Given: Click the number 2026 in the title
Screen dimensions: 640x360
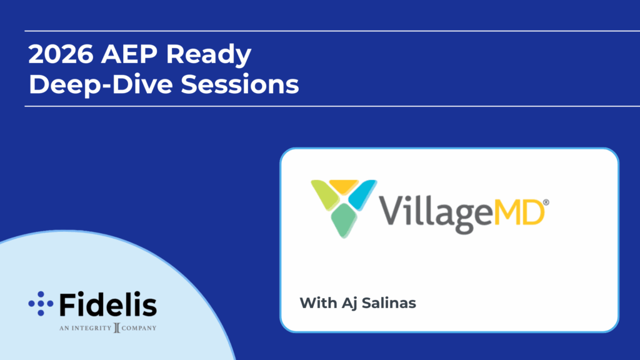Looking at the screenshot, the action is point(61,54).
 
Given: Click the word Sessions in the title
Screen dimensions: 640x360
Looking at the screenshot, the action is point(240,84).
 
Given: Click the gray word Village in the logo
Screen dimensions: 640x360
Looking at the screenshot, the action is point(436,214).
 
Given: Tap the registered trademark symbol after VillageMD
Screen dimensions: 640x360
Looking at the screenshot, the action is point(546,202).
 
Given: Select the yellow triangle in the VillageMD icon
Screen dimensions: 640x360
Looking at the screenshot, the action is point(344,186).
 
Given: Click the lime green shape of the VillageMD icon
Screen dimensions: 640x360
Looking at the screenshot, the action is point(324,194).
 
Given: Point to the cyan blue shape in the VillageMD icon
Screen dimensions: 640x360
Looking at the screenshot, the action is point(362,194).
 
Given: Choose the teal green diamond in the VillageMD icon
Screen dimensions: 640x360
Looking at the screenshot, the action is point(344,221).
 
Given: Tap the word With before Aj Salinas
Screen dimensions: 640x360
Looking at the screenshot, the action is point(318,303).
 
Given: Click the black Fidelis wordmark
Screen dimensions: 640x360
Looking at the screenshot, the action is point(108,304).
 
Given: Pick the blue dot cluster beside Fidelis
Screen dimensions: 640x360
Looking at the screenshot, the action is point(41,304).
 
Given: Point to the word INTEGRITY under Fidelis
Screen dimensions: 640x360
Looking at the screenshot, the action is point(91,328).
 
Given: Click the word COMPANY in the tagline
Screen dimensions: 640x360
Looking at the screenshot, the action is point(139,328).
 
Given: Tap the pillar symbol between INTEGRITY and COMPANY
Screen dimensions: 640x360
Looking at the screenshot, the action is point(117,327).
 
